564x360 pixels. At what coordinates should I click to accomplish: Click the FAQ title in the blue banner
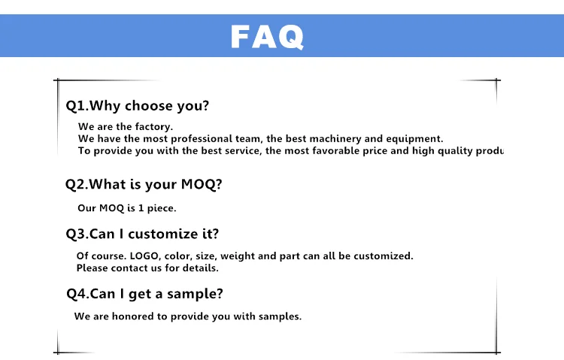(267, 36)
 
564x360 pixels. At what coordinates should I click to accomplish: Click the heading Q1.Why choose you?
(137, 106)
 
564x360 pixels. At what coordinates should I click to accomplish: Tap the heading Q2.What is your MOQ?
(144, 184)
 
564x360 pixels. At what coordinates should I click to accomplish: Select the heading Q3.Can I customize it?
(142, 234)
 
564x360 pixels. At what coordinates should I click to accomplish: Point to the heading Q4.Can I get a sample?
(144, 294)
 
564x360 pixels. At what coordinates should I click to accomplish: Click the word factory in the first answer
(153, 127)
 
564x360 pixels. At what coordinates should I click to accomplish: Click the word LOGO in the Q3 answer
(144, 256)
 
